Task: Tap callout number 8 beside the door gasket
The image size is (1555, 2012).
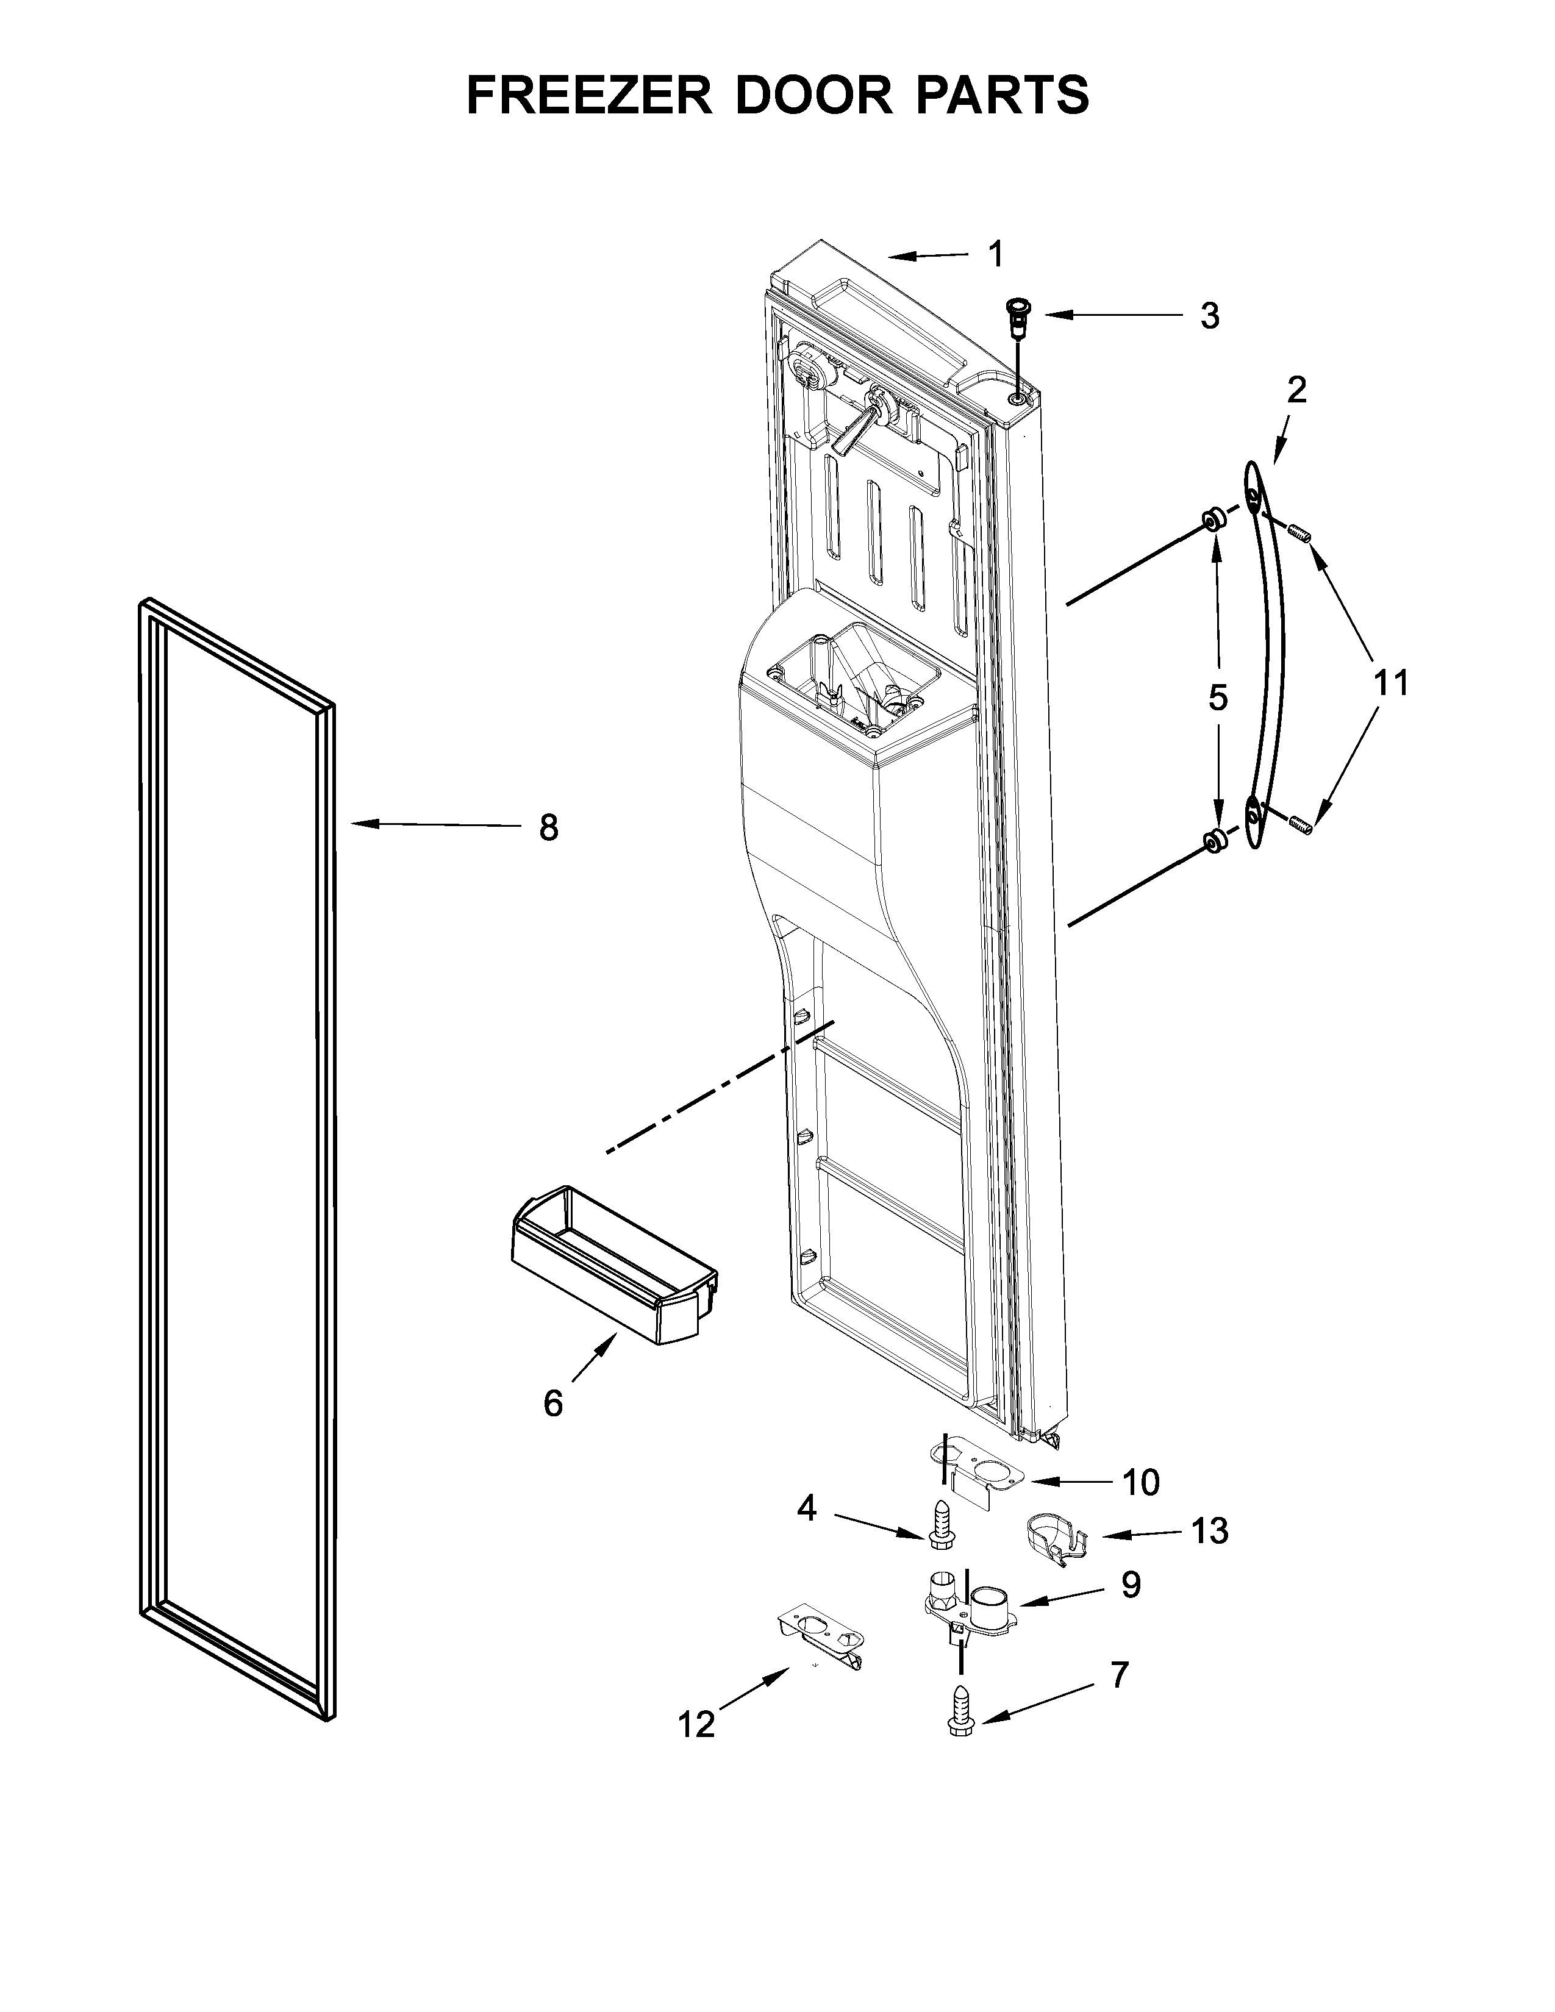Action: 548,828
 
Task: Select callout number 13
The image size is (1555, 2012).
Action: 1210,1531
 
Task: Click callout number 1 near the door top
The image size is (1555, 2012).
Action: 995,254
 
